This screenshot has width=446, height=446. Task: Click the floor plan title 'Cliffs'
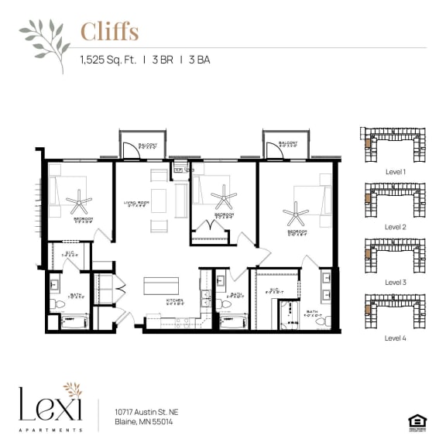click(109, 33)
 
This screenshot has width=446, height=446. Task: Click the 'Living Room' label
click(136, 204)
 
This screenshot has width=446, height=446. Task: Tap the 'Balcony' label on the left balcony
click(148, 146)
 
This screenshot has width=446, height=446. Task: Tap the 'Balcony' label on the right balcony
click(288, 144)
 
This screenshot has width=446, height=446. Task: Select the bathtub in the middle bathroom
click(232, 321)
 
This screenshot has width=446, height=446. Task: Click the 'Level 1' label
click(395, 171)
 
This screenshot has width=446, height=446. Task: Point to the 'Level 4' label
click(395, 338)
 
